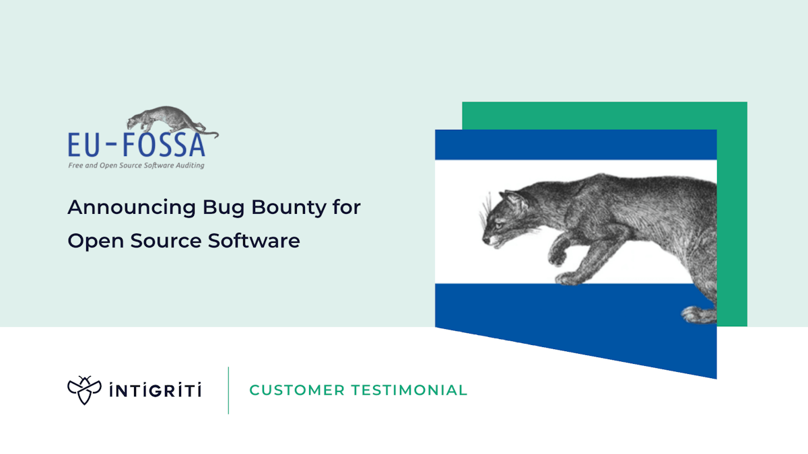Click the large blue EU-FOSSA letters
[137, 145]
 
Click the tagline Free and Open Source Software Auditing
[136, 165]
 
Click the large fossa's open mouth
[492, 239]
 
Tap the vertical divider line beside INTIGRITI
[228, 390]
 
